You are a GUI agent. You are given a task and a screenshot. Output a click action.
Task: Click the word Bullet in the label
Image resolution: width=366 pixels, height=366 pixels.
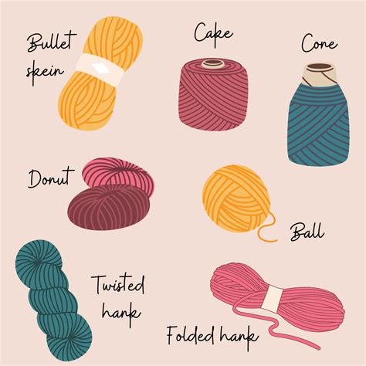[x=47, y=43]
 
